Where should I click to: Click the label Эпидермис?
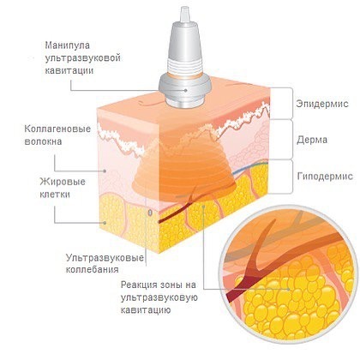(x=322, y=104)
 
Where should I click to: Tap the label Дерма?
(x=312, y=140)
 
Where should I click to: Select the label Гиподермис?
(x=325, y=176)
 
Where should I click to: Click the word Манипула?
(x=68, y=45)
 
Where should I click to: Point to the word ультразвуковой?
(x=82, y=57)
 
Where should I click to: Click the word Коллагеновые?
(x=57, y=129)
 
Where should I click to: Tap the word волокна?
(x=43, y=141)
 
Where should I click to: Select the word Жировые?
(x=63, y=182)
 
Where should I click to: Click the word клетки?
(x=55, y=195)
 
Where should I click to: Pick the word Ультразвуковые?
(x=105, y=258)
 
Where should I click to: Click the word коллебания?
(x=92, y=270)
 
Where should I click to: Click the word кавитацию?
(x=146, y=310)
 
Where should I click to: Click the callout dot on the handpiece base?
(x=186, y=90)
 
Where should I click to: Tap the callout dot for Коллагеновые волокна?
(x=105, y=171)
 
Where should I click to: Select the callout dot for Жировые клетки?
(x=105, y=223)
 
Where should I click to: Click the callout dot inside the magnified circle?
(x=289, y=289)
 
